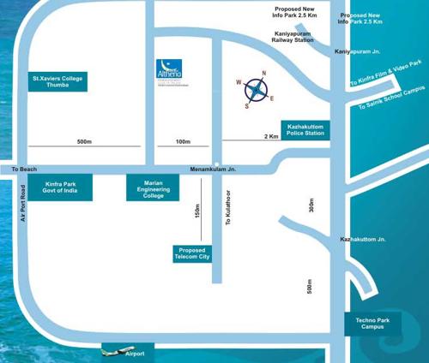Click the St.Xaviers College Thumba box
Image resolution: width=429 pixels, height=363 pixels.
point(57,82)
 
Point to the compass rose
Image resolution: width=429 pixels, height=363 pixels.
point(255,89)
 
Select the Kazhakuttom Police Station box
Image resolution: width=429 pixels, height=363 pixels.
point(305,129)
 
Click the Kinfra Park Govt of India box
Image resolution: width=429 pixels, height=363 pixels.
point(60,187)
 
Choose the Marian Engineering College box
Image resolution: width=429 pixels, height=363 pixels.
point(153,187)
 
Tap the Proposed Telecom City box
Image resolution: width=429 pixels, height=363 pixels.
point(192,253)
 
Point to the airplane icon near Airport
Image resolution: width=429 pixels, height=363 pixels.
point(112,349)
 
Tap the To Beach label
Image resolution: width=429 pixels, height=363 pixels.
point(24,170)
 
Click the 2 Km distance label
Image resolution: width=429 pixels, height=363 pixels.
point(271,136)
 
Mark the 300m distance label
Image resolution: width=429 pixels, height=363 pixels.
point(311,206)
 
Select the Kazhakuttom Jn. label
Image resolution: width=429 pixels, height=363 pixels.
point(363,240)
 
